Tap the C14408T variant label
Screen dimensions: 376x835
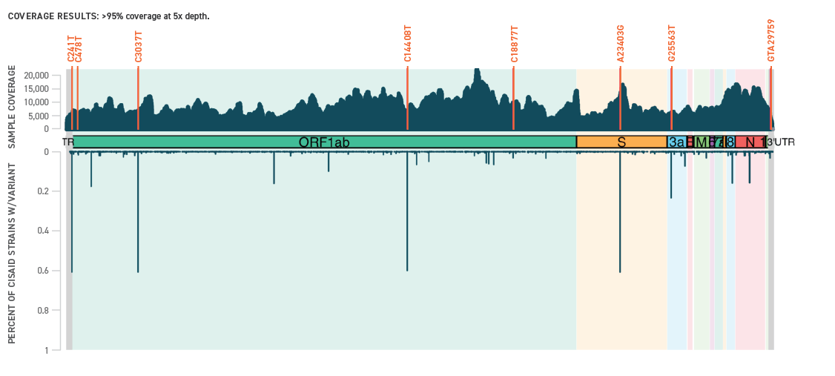tap(407, 44)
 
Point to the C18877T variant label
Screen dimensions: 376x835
tap(514, 44)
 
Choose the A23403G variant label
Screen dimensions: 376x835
tap(621, 44)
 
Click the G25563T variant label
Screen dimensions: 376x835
tap(672, 44)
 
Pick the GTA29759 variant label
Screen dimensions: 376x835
tap(771, 41)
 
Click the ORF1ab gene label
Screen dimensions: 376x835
tap(324, 142)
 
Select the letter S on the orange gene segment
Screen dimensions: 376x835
tap(621, 142)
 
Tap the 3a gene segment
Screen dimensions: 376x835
tap(676, 142)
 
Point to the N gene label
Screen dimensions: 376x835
tap(750, 142)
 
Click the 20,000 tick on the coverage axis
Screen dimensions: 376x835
tap(36, 76)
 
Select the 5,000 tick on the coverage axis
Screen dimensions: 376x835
tap(39, 116)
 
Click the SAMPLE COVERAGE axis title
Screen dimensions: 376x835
tap(12, 107)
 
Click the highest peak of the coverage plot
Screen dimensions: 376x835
tap(477, 70)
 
